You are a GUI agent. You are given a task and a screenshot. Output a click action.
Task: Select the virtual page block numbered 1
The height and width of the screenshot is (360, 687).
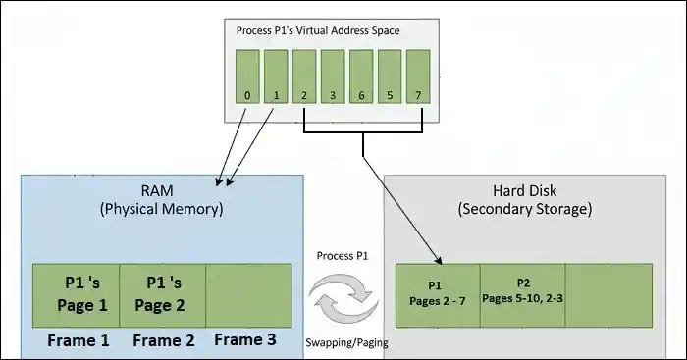(x=277, y=79)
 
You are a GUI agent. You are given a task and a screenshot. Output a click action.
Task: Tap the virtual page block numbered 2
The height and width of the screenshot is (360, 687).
(x=305, y=79)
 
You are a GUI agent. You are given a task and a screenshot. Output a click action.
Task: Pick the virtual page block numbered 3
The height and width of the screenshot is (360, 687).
(x=334, y=79)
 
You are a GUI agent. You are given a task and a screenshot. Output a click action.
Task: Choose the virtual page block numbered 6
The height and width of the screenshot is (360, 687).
(x=362, y=79)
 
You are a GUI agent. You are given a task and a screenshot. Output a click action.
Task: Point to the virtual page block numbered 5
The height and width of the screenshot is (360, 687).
(x=391, y=79)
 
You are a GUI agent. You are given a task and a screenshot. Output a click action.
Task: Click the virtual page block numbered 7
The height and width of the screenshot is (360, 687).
(x=419, y=79)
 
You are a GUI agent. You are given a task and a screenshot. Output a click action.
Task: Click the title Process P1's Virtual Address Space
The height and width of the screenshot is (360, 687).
(x=320, y=30)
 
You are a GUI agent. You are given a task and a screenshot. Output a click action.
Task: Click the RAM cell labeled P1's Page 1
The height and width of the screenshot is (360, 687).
(x=76, y=294)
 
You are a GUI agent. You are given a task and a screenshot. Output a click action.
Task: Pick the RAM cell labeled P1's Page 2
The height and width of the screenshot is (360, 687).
(x=162, y=294)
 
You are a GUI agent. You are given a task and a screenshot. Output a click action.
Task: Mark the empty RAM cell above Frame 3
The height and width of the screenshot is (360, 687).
(x=248, y=294)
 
